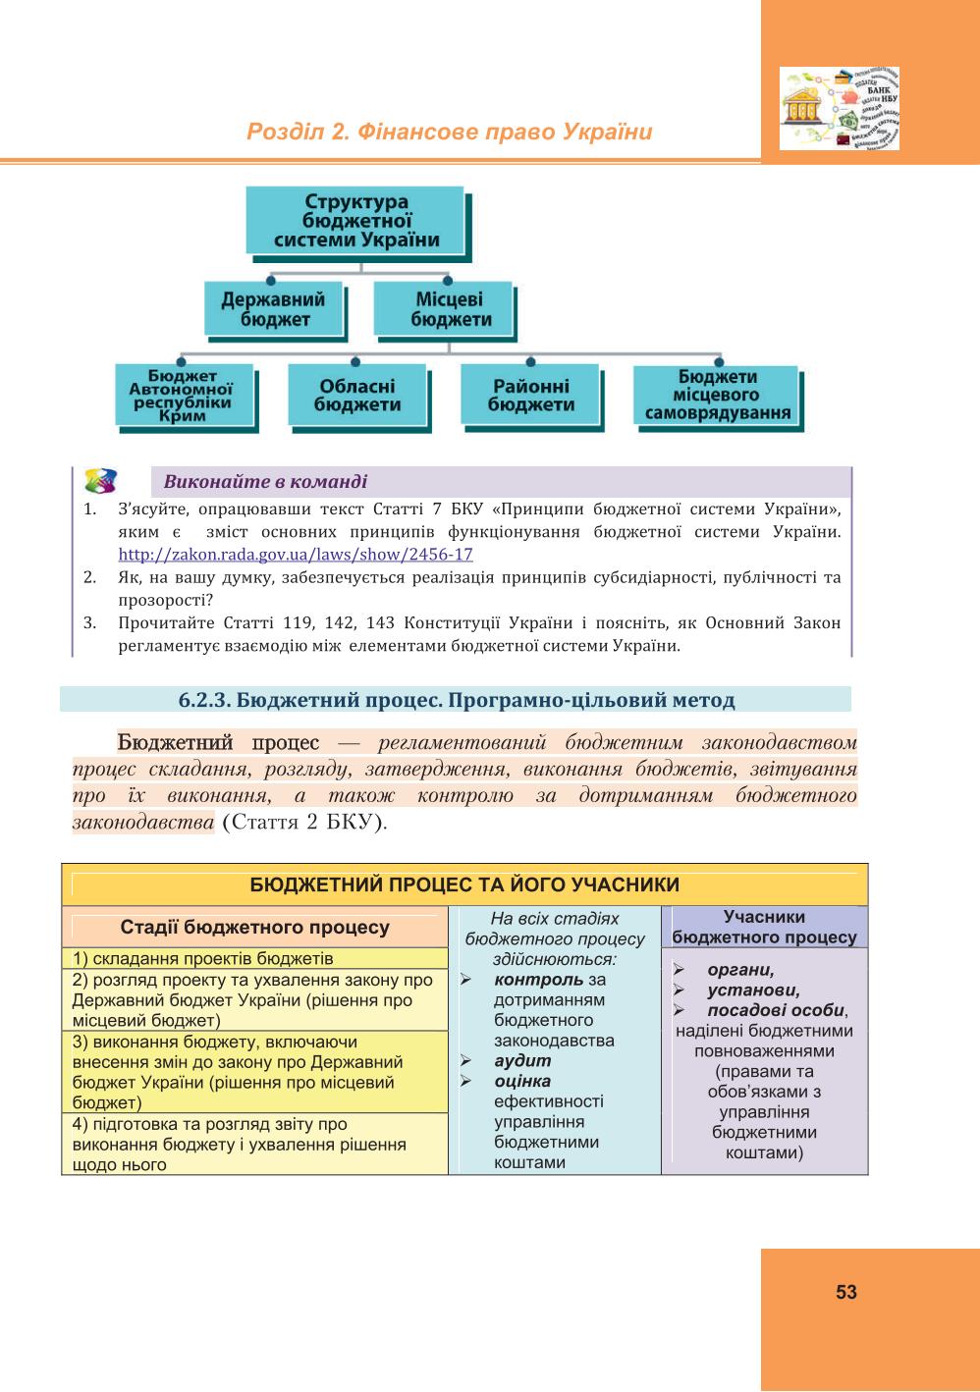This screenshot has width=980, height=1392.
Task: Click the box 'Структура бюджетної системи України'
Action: [x=356, y=221]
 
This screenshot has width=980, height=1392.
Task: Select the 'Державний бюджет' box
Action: [x=275, y=309]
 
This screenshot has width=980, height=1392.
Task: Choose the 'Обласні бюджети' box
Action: [x=357, y=396]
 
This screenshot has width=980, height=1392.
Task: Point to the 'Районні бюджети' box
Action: [x=530, y=396]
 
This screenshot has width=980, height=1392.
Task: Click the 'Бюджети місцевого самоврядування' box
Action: [x=718, y=396]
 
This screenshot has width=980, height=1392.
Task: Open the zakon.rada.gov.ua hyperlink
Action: [x=296, y=554]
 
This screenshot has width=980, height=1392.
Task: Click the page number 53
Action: [x=845, y=1291]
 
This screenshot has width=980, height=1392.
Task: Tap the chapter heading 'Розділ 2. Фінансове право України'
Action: [x=450, y=132]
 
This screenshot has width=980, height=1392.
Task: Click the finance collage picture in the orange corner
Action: [x=840, y=108]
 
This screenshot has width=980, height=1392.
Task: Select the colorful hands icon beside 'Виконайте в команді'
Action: [x=101, y=481]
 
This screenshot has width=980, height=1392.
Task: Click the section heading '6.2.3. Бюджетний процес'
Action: [x=456, y=700]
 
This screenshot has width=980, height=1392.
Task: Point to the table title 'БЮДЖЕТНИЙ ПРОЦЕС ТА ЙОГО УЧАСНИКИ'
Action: [x=464, y=884]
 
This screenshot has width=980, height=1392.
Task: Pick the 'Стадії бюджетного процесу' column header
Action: [x=254, y=927]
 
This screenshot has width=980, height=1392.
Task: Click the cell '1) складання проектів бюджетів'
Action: [x=254, y=958]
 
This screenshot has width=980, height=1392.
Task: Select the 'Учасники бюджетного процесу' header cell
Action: [x=764, y=927]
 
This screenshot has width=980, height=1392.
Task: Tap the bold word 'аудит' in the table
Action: [x=522, y=1061]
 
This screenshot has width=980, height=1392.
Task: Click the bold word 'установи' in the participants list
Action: [x=753, y=990]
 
